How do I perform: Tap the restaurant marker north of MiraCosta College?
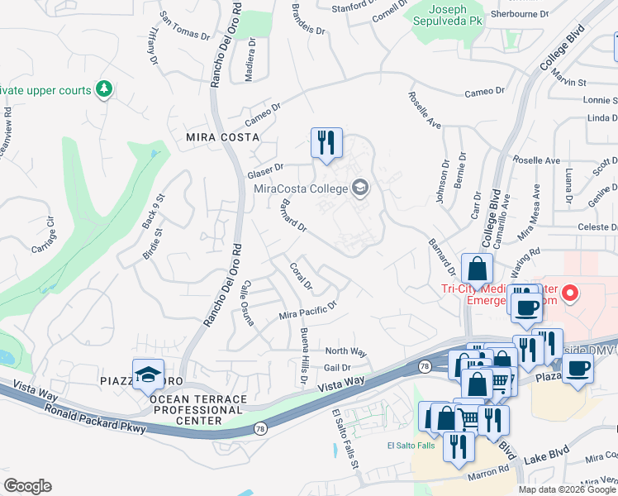(326, 142)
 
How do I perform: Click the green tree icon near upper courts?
(103, 88)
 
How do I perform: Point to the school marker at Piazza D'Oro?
(148, 376)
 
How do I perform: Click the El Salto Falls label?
(411, 446)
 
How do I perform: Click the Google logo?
(27, 486)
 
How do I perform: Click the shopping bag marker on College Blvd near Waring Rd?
(478, 269)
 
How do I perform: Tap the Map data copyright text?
(566, 489)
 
